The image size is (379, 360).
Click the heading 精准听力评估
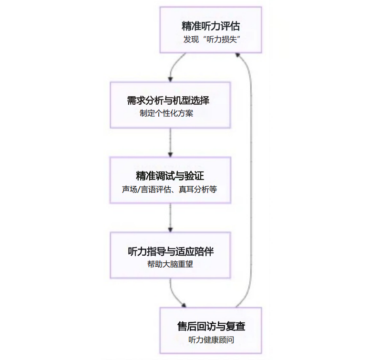click(210, 26)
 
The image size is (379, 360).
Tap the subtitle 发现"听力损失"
click(210, 40)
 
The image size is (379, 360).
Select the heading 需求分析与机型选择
click(170, 100)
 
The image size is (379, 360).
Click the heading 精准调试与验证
click(170, 176)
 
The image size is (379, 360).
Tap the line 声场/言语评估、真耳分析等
click(170, 189)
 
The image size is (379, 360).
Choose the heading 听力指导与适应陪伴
click(170, 251)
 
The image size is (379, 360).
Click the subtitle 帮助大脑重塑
click(170, 264)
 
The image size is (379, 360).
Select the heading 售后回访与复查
click(211, 326)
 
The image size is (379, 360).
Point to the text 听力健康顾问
click(211, 340)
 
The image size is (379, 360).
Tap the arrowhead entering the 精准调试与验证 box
click(170, 154)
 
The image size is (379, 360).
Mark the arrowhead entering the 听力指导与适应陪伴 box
click(170, 229)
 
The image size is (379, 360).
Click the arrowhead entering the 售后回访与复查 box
click(184, 306)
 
